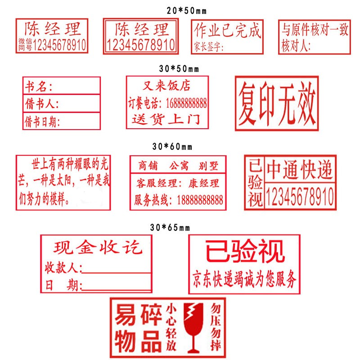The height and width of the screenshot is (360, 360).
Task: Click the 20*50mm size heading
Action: pos(186,10)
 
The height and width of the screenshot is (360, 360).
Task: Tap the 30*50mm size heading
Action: pos(179,69)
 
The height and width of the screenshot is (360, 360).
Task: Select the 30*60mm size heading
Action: pos(172,147)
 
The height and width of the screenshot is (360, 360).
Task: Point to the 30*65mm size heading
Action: pos(170,228)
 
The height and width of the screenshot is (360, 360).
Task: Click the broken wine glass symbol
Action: pos(193,328)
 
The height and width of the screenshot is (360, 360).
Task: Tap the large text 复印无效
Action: pos(277,103)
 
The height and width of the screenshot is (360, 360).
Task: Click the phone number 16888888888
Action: pos(186,103)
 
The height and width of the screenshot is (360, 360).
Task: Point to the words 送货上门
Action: pos(166,119)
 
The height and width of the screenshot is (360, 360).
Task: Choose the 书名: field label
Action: pos(39,86)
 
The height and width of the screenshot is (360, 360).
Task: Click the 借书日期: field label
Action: pos(42,121)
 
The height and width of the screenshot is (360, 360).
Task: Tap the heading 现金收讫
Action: pos(98,247)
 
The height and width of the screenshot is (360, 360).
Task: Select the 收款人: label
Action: pos(63,267)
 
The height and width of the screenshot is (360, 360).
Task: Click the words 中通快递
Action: pos(299,170)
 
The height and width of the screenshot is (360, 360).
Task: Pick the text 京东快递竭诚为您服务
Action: pos(244,279)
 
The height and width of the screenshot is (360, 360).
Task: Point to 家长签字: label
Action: pos(209,47)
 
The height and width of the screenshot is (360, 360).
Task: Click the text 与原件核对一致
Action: pos(315,30)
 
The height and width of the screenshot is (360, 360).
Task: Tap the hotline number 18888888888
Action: pos(200,200)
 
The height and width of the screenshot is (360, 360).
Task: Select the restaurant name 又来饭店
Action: pos(166,85)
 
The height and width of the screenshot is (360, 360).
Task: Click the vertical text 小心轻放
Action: pos(171,327)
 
